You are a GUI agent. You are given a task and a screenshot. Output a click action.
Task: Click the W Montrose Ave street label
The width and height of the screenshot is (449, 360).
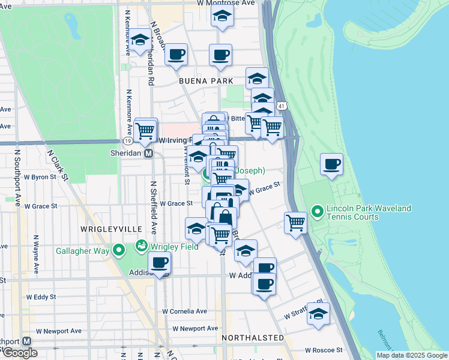pos(226,4)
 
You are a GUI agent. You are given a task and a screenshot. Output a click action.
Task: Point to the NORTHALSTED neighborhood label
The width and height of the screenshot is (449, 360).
pos(253,338)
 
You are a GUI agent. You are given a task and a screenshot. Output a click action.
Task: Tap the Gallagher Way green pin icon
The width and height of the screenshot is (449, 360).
pos(119,250)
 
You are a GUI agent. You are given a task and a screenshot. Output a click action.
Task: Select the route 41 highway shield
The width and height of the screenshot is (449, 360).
pos(282,106)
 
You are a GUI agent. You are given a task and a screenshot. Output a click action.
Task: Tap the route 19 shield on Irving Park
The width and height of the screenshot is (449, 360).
pos(128,140)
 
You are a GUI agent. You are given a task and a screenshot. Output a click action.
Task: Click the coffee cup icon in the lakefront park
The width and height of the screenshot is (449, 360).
pos(331,164)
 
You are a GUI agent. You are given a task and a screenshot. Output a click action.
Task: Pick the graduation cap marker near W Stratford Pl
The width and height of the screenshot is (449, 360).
pos(319,313)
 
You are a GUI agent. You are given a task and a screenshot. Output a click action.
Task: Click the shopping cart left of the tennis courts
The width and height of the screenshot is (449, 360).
pos(295,222)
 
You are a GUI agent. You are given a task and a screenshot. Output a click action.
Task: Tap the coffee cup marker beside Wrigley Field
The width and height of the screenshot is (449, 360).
pos(160,262)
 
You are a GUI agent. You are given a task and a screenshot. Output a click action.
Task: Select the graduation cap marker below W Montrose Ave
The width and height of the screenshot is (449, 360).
pos(222,17)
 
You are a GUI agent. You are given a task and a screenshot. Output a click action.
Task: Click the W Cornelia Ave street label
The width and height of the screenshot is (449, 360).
pos(185,311)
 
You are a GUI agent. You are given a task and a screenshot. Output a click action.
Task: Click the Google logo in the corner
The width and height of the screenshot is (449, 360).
pos(19,353)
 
